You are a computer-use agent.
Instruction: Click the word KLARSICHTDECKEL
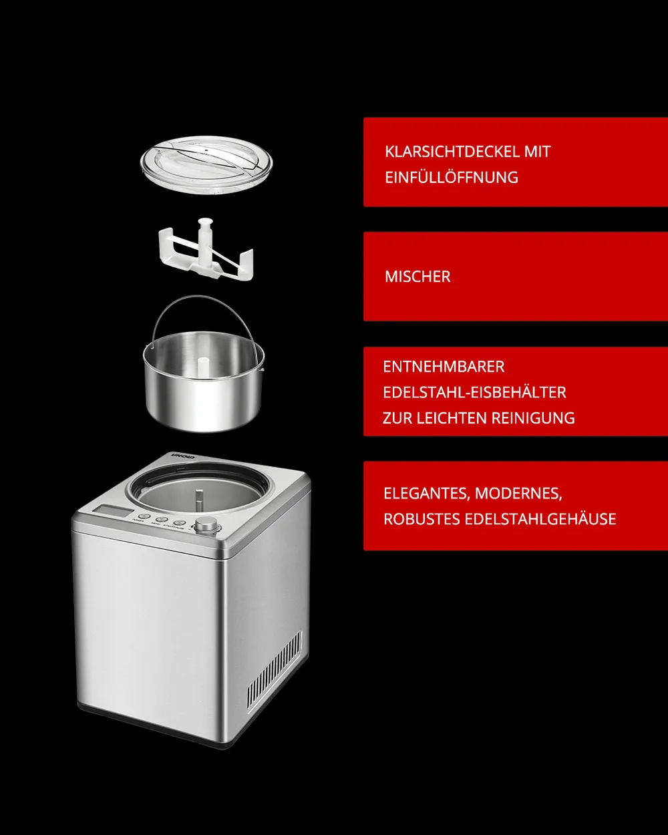[x=452, y=152]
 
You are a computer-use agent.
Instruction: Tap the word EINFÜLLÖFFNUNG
[x=452, y=177]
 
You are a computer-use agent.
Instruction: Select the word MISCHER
[x=417, y=277]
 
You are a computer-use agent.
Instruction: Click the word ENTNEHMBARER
[x=444, y=367]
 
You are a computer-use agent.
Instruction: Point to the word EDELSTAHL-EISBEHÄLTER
[x=474, y=392]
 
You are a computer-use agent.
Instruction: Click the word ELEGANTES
[x=427, y=494]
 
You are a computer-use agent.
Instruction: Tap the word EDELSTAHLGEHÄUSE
[x=540, y=519]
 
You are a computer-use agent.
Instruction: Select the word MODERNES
[x=518, y=494]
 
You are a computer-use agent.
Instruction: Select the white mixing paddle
[x=206, y=249]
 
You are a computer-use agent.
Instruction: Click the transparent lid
[x=206, y=165]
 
